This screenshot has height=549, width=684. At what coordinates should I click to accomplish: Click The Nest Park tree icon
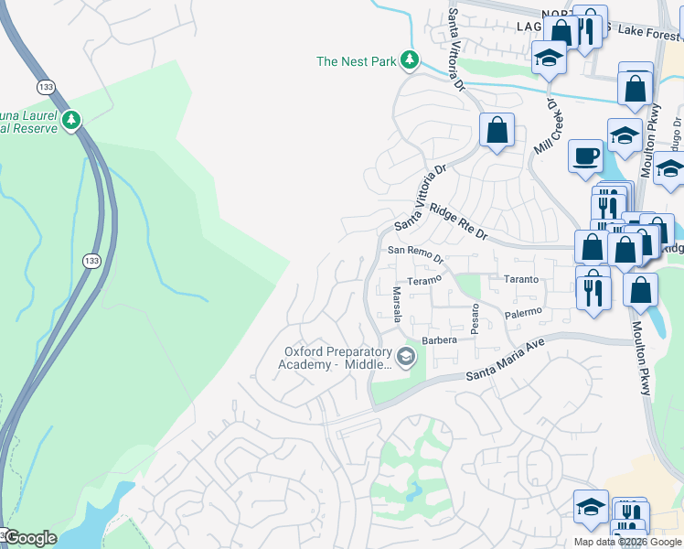pos(411,61)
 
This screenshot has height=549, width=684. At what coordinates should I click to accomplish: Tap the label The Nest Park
pos(355,62)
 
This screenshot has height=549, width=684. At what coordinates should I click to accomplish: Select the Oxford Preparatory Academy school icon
pos(405,357)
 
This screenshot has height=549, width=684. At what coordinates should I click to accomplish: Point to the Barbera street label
pos(439,340)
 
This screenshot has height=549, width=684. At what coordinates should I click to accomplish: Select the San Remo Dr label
pos(415,252)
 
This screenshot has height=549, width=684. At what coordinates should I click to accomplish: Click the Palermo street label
pos(524,312)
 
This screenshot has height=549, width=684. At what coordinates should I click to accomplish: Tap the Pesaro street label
pos(475,319)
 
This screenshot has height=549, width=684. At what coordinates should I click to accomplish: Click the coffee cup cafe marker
pos(584,156)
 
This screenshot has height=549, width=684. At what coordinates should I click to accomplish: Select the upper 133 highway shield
pos(46,86)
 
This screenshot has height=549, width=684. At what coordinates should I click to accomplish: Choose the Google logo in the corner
pos(29,538)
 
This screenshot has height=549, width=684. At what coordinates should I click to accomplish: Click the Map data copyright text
pos(628,542)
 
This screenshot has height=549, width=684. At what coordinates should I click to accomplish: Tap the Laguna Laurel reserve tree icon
pos(71,119)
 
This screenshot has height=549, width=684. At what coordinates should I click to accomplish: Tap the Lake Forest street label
pos(649,34)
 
